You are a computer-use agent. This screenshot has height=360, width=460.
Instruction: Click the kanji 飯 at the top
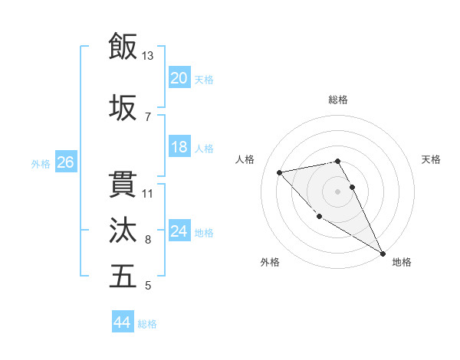tap(123, 46)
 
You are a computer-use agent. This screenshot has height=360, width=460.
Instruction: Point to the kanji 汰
tap(123, 230)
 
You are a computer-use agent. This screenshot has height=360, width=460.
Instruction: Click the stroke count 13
tap(147, 56)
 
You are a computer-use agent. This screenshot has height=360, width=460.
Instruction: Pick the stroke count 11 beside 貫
tap(148, 193)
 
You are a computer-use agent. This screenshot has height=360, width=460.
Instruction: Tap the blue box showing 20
tap(179, 78)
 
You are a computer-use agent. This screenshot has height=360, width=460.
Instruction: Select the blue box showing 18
tap(179, 147)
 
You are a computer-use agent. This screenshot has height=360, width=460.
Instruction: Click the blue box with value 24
tap(179, 231)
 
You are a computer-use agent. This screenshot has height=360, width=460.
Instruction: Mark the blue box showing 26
tap(65, 162)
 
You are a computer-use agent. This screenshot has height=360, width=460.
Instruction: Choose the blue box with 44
tap(123, 323)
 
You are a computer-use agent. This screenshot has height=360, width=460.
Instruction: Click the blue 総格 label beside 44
tap(148, 325)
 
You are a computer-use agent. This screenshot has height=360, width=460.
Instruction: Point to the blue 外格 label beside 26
tap(41, 164)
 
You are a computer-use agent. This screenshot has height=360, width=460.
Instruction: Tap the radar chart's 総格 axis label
tap(338, 100)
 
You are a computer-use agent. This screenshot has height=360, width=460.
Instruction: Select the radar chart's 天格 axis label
tap(432, 159)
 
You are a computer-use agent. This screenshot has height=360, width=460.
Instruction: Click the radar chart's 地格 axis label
tap(402, 262)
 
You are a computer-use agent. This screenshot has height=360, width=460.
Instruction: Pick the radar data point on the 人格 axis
tap(280, 172)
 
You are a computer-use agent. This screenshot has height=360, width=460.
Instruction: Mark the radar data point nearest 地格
tap(383, 254)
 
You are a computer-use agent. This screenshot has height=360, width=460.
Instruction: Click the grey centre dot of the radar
tap(338, 191)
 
